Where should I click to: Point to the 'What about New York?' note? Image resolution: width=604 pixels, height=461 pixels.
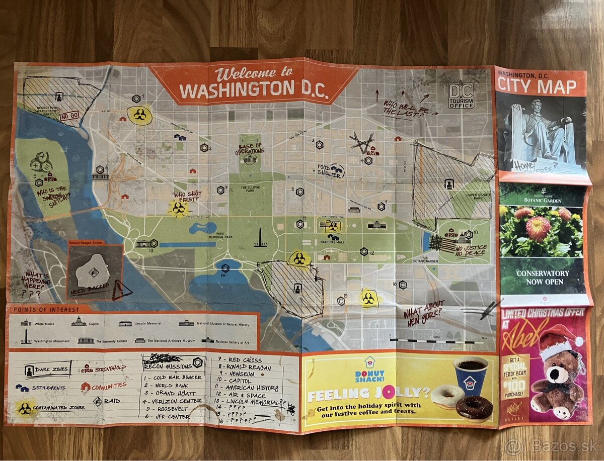424,312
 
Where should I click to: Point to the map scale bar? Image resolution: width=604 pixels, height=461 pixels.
436,341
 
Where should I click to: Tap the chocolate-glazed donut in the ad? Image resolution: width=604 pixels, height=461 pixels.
474,408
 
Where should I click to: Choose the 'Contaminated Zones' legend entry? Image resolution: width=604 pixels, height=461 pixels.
53,408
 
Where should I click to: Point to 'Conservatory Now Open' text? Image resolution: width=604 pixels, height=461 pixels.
542,278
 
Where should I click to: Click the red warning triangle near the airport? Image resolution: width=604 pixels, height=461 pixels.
121,290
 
